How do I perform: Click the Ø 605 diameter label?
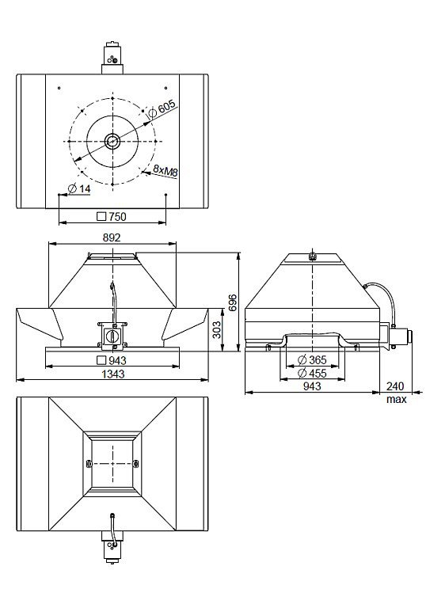[x=162, y=108]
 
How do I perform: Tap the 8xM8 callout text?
[x=165, y=170]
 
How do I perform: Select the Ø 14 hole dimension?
[x=78, y=188]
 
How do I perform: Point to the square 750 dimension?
[x=112, y=216]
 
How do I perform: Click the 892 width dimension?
[x=112, y=237]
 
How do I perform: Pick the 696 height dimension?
[x=233, y=302]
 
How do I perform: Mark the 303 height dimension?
[x=217, y=329]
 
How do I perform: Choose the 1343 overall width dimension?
[x=113, y=374]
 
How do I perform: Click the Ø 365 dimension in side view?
[x=312, y=360]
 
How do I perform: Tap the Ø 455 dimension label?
[x=312, y=373]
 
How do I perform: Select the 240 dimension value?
[x=395, y=386]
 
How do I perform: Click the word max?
[x=397, y=399]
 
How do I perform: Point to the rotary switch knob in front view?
[x=113, y=335]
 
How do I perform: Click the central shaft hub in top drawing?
[x=112, y=142]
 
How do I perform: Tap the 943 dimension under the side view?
[x=312, y=386]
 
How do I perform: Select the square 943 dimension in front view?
[x=112, y=360]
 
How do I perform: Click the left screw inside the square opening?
[x=88, y=463]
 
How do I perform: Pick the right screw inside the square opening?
[x=135, y=463]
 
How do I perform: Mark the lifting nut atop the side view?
[x=313, y=256]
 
